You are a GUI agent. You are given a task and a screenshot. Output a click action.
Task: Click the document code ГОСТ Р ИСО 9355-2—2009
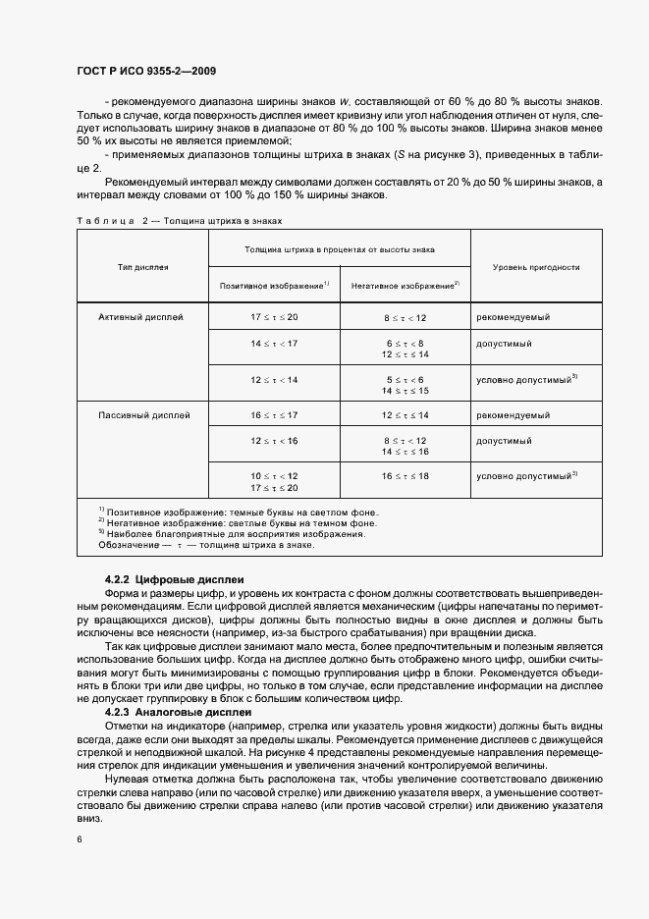(146, 72)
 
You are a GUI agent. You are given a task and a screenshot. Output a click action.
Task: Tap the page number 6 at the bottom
(79, 839)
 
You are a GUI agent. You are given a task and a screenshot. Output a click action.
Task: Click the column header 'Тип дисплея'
(142, 267)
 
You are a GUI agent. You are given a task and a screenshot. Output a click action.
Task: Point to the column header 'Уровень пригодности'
(535, 267)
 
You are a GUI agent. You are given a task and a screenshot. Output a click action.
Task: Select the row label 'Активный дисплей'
(141, 317)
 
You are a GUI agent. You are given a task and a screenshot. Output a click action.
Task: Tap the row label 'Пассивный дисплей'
(144, 415)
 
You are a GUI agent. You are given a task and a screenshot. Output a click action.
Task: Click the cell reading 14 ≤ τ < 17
(273, 344)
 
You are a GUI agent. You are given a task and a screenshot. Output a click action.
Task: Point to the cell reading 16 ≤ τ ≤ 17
(273, 415)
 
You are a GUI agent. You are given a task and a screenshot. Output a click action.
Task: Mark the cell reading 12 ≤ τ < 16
(273, 442)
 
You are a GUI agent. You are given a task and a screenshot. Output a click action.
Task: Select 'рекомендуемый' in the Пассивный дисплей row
(513, 415)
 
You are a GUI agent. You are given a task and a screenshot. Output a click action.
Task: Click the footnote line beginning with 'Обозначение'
(205, 545)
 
